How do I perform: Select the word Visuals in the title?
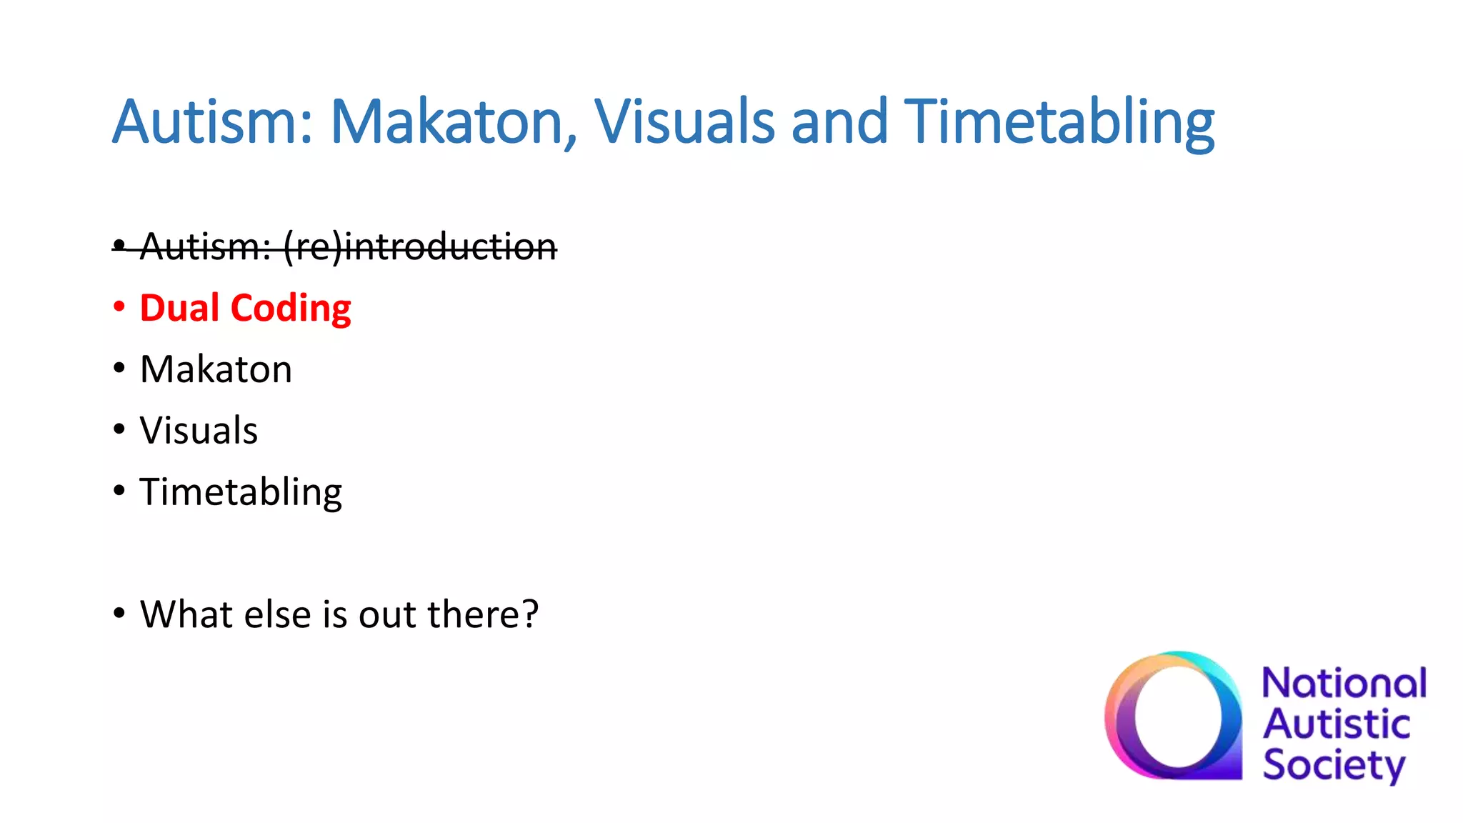tap(684, 121)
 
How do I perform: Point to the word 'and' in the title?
tap(839, 121)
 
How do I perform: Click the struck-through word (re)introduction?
tap(420, 247)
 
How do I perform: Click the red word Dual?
tap(179, 308)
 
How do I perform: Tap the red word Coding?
tap(291, 309)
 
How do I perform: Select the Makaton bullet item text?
tap(216, 369)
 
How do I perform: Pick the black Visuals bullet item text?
tap(199, 431)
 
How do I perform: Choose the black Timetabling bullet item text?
tap(241, 492)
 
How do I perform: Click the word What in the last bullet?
tap(186, 614)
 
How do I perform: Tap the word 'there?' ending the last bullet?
tap(483, 614)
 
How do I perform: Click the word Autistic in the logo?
tap(1336, 724)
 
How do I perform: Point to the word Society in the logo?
tap(1333, 765)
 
